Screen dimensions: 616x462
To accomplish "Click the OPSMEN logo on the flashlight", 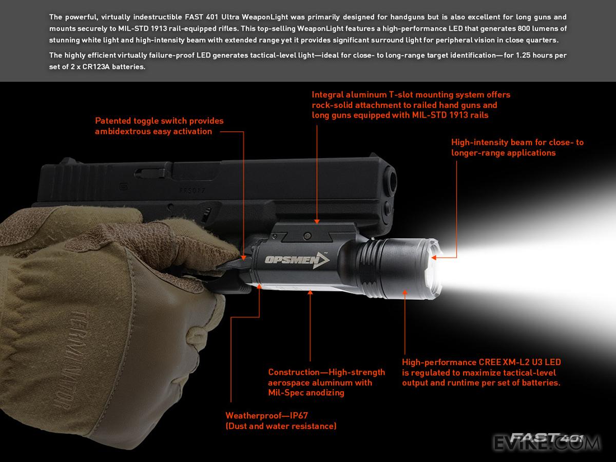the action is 297,260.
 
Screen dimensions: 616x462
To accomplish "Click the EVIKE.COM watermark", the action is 547,442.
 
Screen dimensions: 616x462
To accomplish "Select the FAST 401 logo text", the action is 547,437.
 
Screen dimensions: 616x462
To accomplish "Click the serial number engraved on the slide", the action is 192,191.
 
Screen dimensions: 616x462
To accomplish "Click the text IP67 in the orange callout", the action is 299,415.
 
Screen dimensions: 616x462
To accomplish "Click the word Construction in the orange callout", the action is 294,372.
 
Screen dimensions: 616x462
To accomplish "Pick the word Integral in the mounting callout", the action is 327,95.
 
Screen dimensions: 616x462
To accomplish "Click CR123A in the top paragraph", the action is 95,67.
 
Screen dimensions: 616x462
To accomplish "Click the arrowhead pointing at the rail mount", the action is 317,222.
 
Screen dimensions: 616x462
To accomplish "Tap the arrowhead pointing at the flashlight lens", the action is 434,258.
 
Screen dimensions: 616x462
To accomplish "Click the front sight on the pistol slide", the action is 374,155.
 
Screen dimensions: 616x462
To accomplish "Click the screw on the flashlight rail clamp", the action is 307,236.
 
